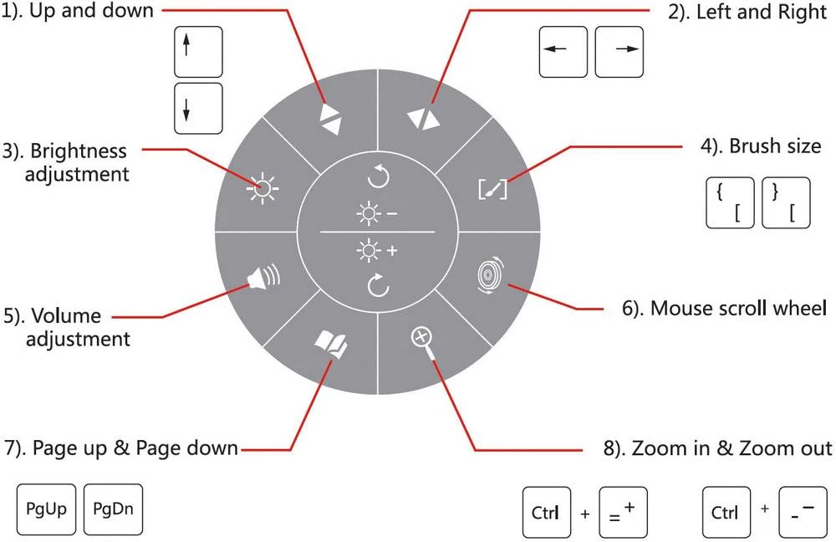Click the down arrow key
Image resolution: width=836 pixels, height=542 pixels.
coord(198,108)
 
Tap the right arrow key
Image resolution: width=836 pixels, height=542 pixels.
coord(619,51)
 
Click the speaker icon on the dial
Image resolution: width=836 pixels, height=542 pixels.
coord(262,277)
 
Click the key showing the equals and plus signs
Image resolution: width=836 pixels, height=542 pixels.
coord(623,511)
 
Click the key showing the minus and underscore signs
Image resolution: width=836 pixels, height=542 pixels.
coord(802,511)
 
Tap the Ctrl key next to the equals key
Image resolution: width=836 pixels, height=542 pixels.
coord(547,511)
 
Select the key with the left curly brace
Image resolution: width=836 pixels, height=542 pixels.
coord(730,202)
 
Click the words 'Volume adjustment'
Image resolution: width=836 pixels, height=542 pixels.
coord(79,327)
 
